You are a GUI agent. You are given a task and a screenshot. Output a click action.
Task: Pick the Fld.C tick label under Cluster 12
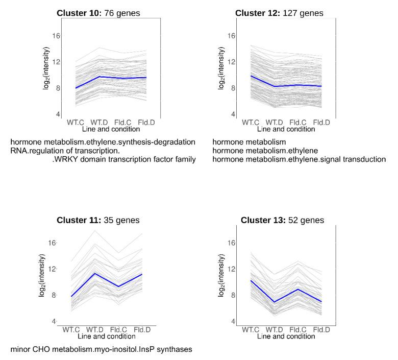[x=297, y=123]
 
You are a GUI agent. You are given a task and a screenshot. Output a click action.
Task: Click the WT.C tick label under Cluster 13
[x=251, y=330]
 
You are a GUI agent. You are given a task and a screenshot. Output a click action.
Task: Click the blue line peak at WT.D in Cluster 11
[x=94, y=274]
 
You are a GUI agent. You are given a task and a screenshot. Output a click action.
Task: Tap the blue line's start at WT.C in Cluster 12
[x=251, y=76]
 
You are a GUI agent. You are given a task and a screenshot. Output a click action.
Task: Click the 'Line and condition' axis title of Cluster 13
[x=286, y=337]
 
